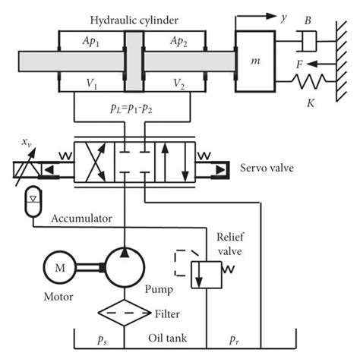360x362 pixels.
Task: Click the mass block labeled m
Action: (x=259, y=58)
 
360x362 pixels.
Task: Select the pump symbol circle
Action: (x=123, y=265)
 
